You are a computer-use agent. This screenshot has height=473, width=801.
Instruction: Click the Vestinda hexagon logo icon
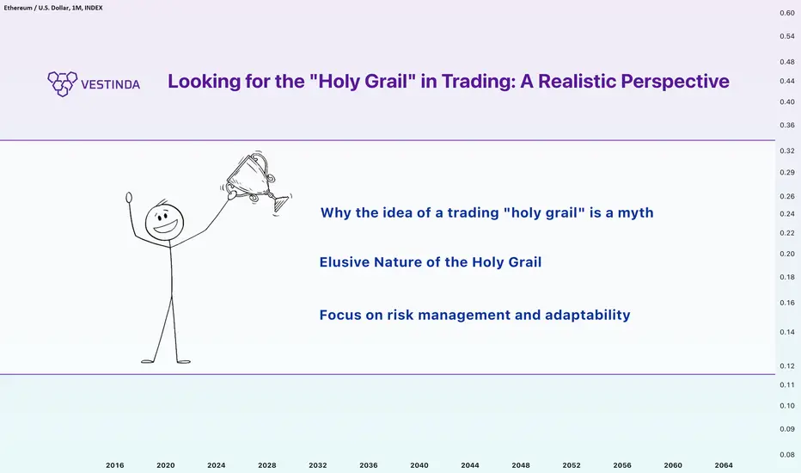tap(63, 84)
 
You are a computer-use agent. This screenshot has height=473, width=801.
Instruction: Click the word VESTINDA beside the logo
tap(110, 84)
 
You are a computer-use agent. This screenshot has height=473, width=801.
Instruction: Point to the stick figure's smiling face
tap(164, 223)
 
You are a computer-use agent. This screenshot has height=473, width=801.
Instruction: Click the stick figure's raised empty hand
tap(129, 198)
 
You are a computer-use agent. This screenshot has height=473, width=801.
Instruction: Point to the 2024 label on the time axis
tap(216, 465)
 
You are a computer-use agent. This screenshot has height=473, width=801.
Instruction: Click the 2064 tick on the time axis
tap(724, 465)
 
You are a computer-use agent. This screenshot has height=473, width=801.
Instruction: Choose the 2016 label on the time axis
tap(115, 465)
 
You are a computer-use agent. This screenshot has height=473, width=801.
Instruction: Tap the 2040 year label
tap(419, 465)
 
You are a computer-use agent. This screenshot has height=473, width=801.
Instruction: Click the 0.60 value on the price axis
tap(787, 13)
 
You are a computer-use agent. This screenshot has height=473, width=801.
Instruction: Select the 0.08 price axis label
tap(787, 455)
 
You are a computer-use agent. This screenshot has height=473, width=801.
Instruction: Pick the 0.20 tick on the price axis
tap(787, 254)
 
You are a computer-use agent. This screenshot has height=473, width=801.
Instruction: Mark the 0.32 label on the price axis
tap(787, 150)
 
